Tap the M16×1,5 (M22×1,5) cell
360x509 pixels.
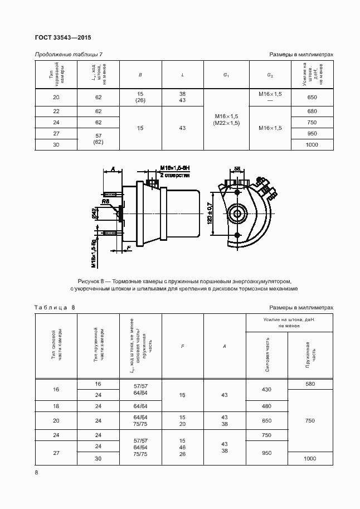click(x=226, y=119)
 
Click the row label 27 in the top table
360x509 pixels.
click(x=56, y=134)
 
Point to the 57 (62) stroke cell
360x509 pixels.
click(x=98, y=139)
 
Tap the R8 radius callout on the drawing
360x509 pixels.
click(x=105, y=201)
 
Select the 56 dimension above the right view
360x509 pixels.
click(x=237, y=168)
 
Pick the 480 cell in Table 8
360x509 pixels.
click(x=266, y=405)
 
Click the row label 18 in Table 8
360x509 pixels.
click(x=56, y=405)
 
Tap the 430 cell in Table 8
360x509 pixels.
click(x=266, y=389)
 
